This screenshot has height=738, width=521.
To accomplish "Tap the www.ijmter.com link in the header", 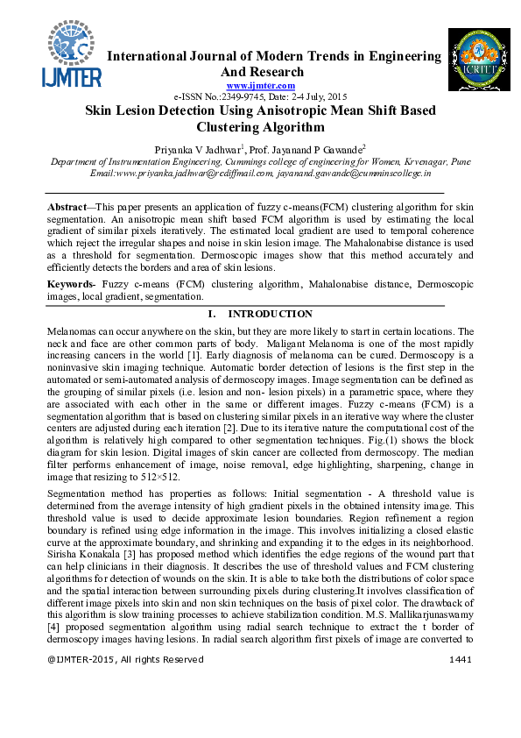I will tap(261, 84).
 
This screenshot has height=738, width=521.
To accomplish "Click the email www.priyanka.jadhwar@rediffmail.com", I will tap(181, 174).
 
